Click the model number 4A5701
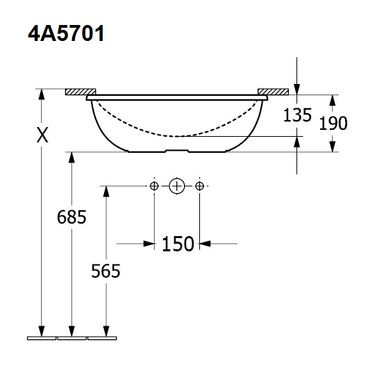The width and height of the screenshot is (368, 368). coord(66,33)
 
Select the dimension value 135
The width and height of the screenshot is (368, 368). coord(297,115)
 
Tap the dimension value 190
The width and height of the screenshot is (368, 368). coord(333,123)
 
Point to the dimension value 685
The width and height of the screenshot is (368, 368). coord(72,217)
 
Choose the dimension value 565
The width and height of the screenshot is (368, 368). coord(106,271)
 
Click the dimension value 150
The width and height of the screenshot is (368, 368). coord(178,244)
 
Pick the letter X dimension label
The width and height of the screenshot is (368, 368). coord(42,135)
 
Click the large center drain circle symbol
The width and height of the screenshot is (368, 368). coord(177,186)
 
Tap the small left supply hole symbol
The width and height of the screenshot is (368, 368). coord(154,186)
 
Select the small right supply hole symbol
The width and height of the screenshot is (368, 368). coord(199,186)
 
